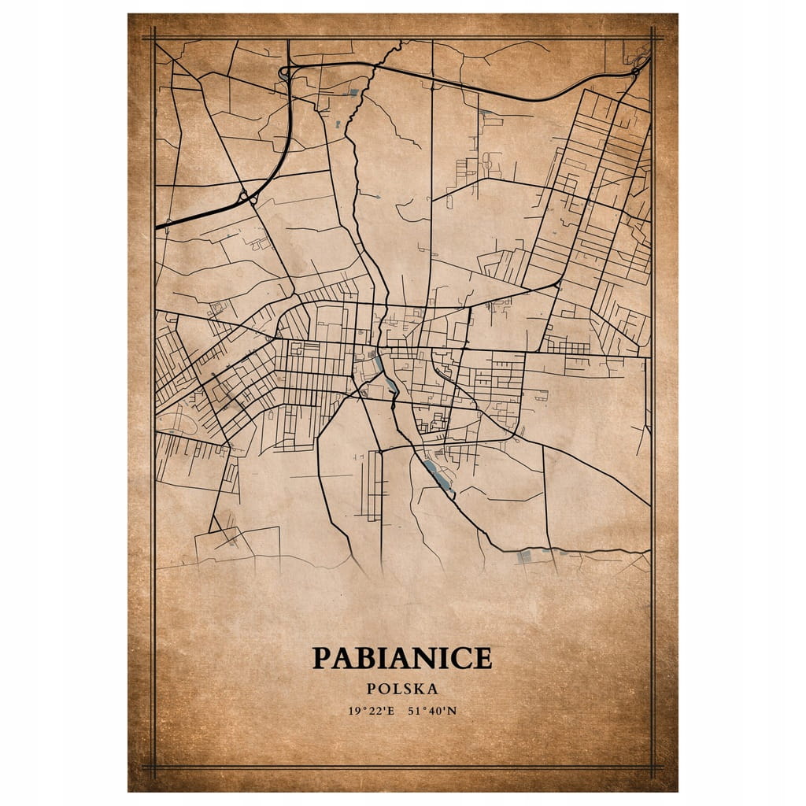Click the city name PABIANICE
[402, 657]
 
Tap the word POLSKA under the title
[402, 689]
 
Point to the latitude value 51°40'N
[432, 712]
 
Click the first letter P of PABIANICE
[321, 657]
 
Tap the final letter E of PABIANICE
[483, 657]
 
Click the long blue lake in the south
[438, 475]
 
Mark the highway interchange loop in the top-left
[285, 73]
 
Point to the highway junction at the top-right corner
[635, 72]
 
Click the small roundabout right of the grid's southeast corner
[513, 431]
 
